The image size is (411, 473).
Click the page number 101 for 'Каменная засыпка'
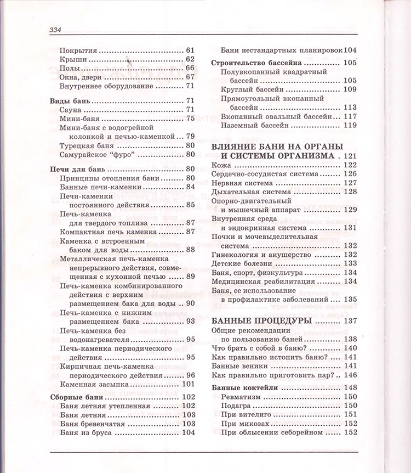[188, 384]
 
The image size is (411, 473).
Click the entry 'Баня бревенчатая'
[92, 424]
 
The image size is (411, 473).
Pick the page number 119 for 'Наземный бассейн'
[349, 125]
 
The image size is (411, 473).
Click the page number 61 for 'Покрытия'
[191, 50]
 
